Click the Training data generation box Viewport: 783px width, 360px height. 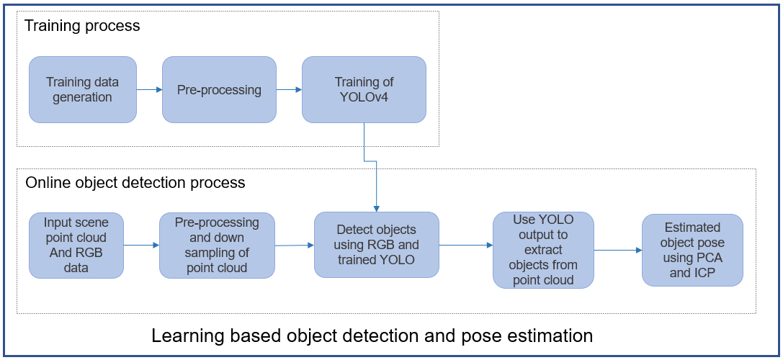pos(82,89)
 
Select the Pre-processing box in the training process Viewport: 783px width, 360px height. pos(219,90)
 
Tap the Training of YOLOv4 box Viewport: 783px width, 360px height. pos(364,90)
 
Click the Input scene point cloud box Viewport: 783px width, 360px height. pos(75,245)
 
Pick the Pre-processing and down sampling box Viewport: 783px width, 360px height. pos(218,245)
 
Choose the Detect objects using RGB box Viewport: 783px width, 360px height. pos(376,245)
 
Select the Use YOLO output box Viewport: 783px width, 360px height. pos(543,250)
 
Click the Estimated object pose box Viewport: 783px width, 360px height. pos(692,250)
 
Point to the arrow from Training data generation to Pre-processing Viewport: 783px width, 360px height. pos(149,90)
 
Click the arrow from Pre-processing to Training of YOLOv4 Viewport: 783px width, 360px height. pos(289,90)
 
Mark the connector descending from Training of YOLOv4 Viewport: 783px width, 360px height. pos(364,140)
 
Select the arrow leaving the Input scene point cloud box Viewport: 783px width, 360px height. pos(140,245)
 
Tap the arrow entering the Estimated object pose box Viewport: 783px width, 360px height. pos(617,251)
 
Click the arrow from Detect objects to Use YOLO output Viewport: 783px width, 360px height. pos(465,245)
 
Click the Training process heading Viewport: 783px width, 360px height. pos(82,27)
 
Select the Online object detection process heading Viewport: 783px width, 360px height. pos(135,183)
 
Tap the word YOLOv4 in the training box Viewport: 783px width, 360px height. pos(364,97)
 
